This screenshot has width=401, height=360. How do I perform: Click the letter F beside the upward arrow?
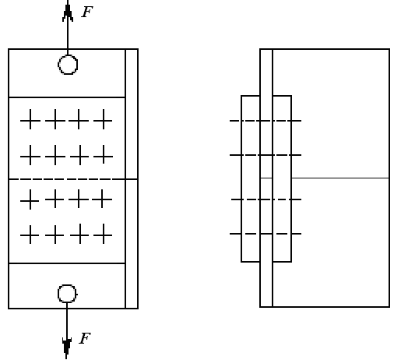point(87,12)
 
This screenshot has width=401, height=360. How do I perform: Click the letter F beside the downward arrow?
point(85,338)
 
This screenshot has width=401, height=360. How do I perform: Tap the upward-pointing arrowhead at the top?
point(68,12)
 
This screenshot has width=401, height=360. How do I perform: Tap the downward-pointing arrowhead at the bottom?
point(67,347)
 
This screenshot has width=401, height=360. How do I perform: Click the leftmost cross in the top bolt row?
point(30,120)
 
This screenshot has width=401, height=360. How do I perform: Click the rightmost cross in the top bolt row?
point(104,120)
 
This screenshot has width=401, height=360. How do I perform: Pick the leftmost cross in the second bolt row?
point(30,156)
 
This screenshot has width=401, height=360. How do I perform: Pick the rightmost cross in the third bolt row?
point(102,199)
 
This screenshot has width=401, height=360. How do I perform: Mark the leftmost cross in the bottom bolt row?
point(30,235)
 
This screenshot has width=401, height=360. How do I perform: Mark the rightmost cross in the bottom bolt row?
point(104,235)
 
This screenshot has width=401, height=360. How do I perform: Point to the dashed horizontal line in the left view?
point(67,179)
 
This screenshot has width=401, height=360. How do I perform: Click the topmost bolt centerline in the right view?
point(266,121)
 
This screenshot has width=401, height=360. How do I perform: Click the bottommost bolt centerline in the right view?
point(266,234)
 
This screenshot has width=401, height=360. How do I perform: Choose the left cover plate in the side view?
point(241,178)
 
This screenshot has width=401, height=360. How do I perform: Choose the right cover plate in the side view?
point(291,178)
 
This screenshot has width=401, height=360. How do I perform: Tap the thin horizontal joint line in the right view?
point(340,178)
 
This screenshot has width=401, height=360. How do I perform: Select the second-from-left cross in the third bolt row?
point(55,199)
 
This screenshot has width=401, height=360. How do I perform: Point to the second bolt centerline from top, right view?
point(266,155)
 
